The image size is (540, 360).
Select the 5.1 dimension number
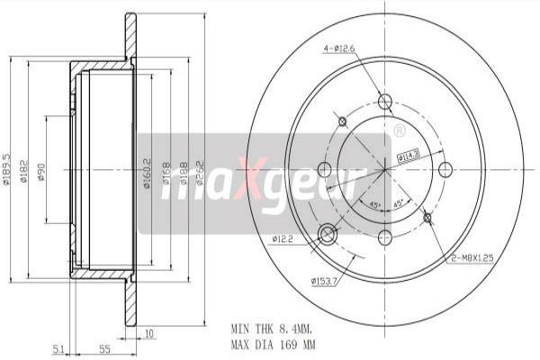coord(58,347)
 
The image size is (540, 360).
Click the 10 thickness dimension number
coord(148,334)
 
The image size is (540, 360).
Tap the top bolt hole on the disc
coord(385,101)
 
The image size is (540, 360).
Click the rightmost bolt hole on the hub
coord(445,169)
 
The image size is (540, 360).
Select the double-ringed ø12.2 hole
coord(328,235)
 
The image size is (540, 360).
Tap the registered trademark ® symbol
coord(399,131)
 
